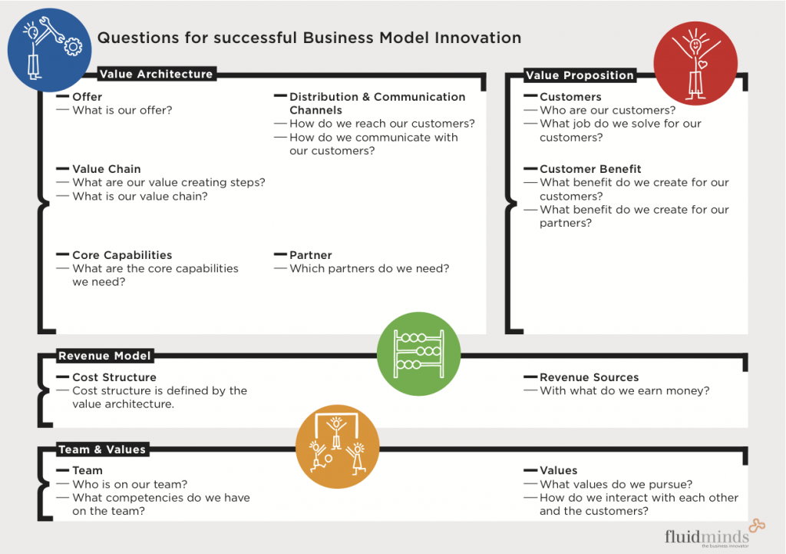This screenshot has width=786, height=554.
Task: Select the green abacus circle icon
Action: click(418, 353)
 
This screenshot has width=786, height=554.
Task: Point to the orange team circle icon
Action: click(337, 446)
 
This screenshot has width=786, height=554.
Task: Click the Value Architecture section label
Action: click(156, 75)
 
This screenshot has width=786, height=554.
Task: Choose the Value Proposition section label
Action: click(580, 75)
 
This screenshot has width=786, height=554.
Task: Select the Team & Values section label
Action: click(102, 450)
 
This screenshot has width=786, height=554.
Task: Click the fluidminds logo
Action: click(705, 536)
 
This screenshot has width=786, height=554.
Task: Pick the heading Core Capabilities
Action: click(122, 255)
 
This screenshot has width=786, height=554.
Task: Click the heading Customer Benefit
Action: click(590, 169)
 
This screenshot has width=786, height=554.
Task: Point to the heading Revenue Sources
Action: click(589, 377)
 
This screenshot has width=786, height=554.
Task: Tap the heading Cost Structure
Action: click(114, 377)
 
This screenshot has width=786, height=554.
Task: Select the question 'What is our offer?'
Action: click(122, 110)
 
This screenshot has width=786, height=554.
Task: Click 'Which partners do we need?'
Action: click(369, 269)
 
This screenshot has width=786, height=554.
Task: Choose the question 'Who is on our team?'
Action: click(130, 484)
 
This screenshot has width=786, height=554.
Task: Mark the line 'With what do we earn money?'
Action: click(624, 390)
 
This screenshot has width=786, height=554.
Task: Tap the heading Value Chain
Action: click(107, 169)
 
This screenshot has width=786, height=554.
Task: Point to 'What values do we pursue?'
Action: click(616, 484)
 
